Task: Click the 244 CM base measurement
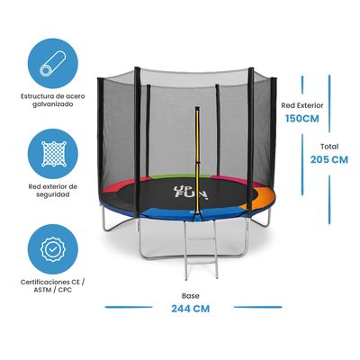tap(189, 308)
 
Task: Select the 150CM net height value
tap(301, 118)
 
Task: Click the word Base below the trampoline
tap(189, 293)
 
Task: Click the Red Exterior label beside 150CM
tap(301, 103)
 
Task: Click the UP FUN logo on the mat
tap(182, 191)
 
